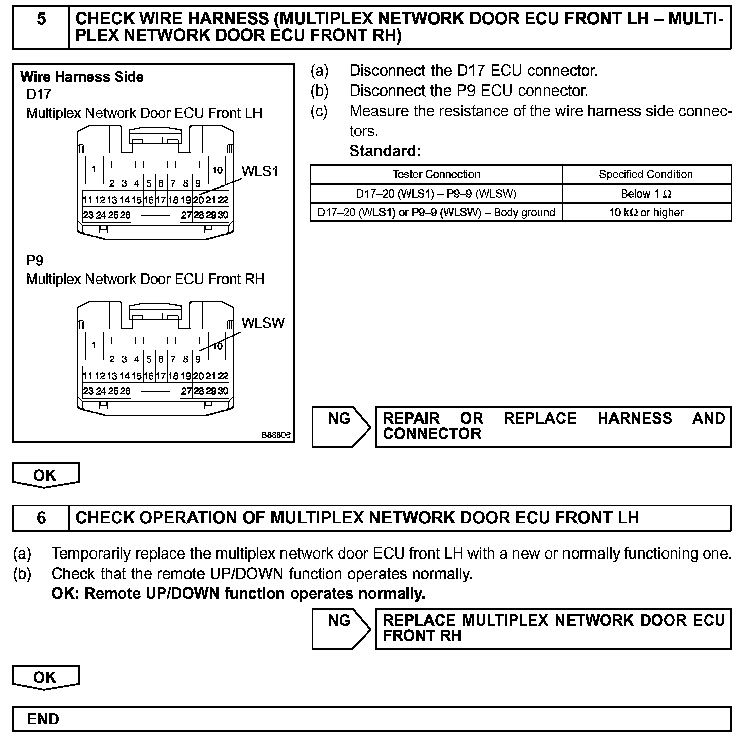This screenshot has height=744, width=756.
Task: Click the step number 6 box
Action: point(41,518)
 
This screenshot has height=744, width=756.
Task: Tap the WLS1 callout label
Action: point(260,171)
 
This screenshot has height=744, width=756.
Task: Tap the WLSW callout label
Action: point(263,323)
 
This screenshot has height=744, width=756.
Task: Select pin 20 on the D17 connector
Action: point(198,200)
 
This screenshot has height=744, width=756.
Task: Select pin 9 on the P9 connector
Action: point(198,359)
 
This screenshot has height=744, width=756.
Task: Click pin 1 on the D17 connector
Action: point(94,169)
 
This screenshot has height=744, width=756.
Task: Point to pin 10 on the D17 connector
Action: point(217,170)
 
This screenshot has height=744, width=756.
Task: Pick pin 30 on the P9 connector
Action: point(223,391)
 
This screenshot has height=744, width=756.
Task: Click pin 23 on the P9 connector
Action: point(88,391)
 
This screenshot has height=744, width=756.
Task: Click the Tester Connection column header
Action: point(436,174)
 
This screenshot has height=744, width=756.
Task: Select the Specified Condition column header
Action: point(645,174)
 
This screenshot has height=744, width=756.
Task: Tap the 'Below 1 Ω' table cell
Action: point(646,194)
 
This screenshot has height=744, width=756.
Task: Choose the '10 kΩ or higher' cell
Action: point(646,212)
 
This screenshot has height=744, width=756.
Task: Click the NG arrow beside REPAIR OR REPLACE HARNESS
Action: point(341,426)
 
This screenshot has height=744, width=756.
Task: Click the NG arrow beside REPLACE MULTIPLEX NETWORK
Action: point(341,628)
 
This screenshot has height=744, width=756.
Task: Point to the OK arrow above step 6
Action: point(45,475)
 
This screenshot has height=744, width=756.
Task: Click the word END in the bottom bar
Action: point(43,719)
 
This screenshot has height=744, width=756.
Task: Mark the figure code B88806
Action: point(275,435)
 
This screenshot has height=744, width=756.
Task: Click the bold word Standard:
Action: point(385,151)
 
